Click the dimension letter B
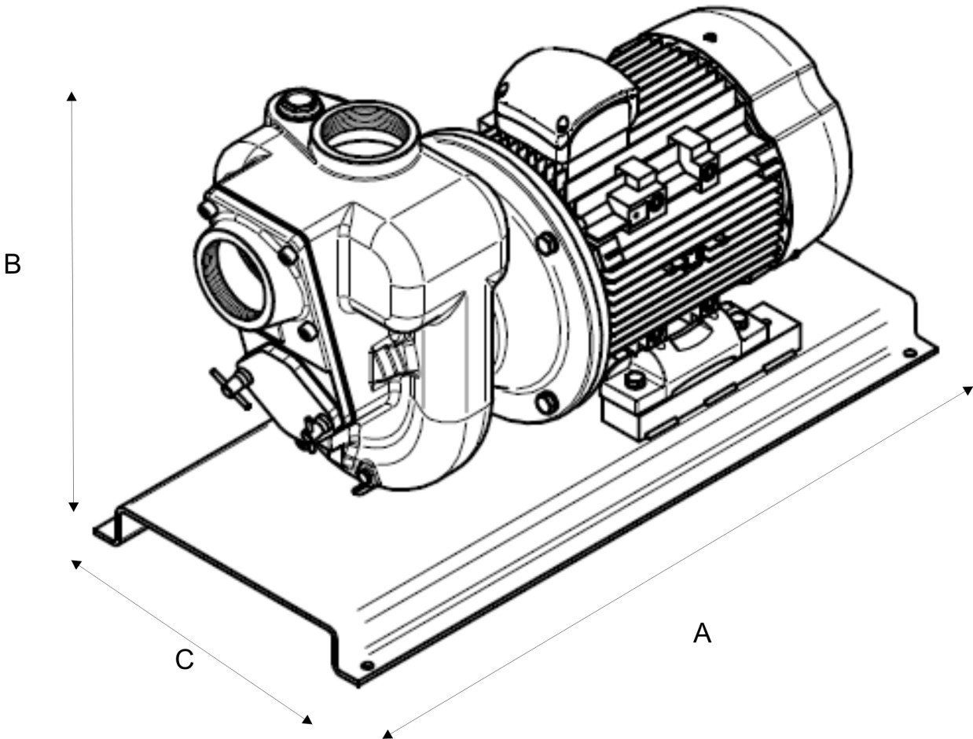coord(12,264)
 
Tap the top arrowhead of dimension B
coord(72,96)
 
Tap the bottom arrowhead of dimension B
coord(74,507)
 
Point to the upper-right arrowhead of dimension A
coord(967,391)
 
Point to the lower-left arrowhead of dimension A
coord(388,733)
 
